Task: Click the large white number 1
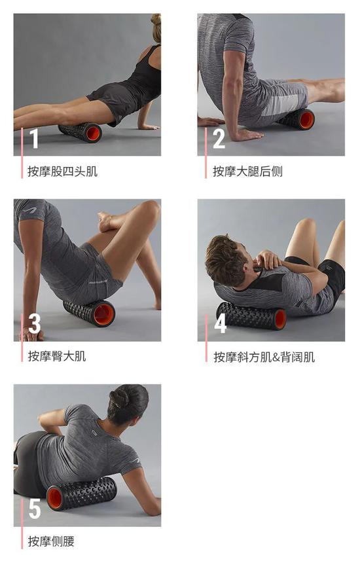34,139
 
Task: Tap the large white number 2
219,139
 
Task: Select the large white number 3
34,323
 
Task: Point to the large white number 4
220,323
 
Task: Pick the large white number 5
35,509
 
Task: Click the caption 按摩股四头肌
63,172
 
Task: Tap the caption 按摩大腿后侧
247,172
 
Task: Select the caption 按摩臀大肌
57,356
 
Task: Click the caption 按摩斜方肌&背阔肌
264,357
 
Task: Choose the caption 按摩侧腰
51,541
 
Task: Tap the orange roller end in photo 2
307,120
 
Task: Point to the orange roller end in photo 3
104,314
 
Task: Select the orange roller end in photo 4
280,319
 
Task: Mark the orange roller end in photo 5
55,498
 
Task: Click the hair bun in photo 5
120,398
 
